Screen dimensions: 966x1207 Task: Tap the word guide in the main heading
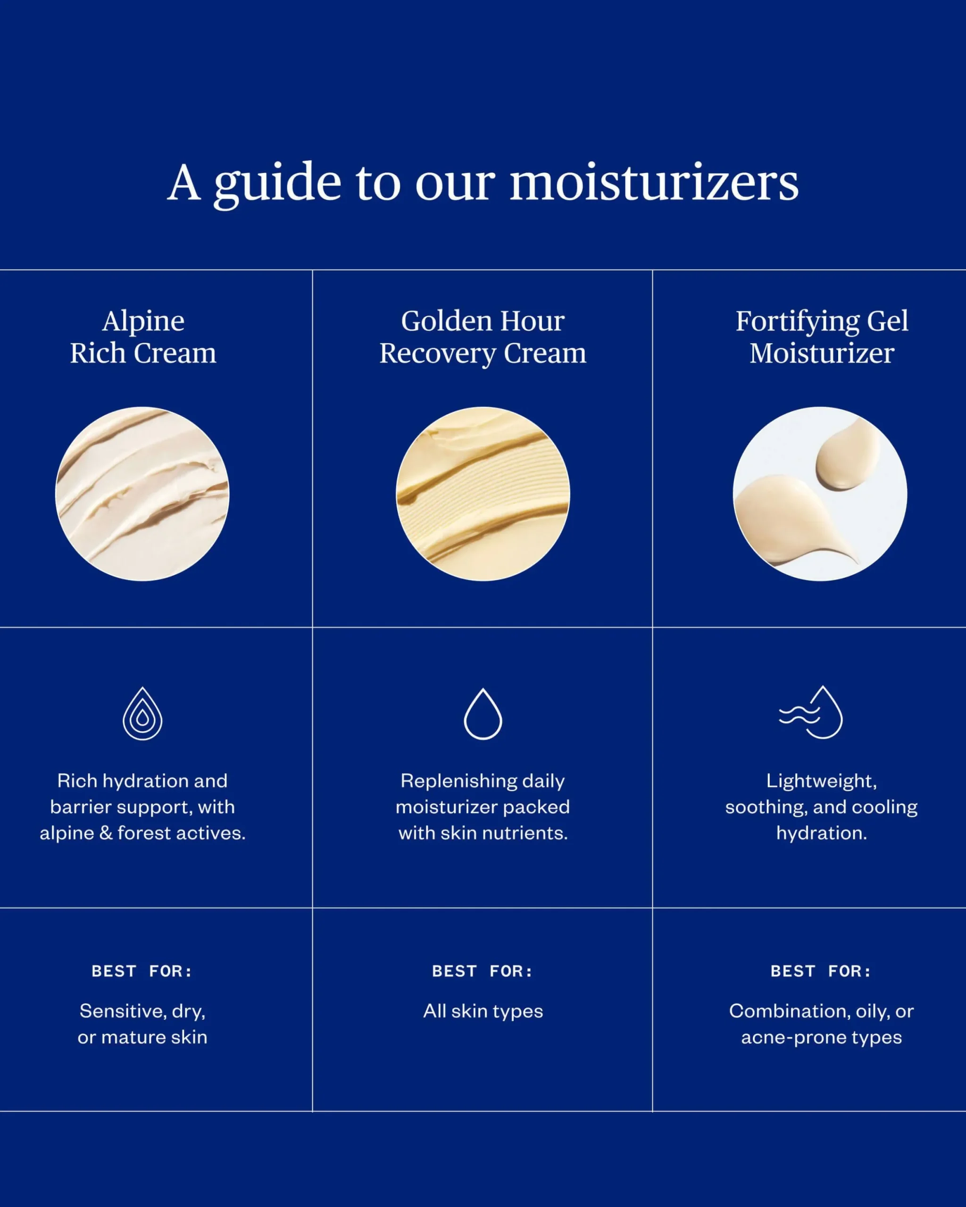pos(277,185)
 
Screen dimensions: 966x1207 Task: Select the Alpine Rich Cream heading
pos(143,337)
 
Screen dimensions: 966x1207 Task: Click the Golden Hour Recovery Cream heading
pos(483,337)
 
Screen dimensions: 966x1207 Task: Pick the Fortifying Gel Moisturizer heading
pos(822,337)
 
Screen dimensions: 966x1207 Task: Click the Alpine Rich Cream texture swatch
pos(142,494)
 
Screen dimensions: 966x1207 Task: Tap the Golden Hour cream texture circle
pos(483,494)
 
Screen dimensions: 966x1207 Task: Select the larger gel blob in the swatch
pos(790,518)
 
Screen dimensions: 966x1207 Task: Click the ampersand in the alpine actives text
pos(106,833)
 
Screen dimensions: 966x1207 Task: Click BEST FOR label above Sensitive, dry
pos(142,971)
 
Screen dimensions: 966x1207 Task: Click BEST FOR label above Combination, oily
pos(822,971)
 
